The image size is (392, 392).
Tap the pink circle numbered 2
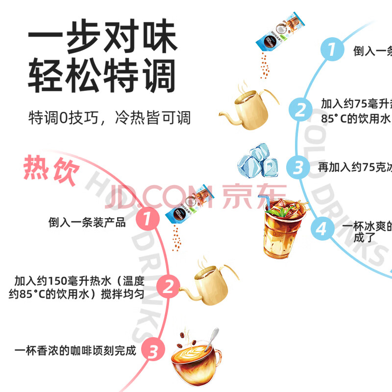[x=168, y=287]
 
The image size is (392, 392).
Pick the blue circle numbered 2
[x=300, y=109]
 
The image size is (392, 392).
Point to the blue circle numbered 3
[x=298, y=167]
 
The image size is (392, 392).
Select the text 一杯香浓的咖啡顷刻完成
[x=74, y=351]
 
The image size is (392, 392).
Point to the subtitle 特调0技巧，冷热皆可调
[x=109, y=118]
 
